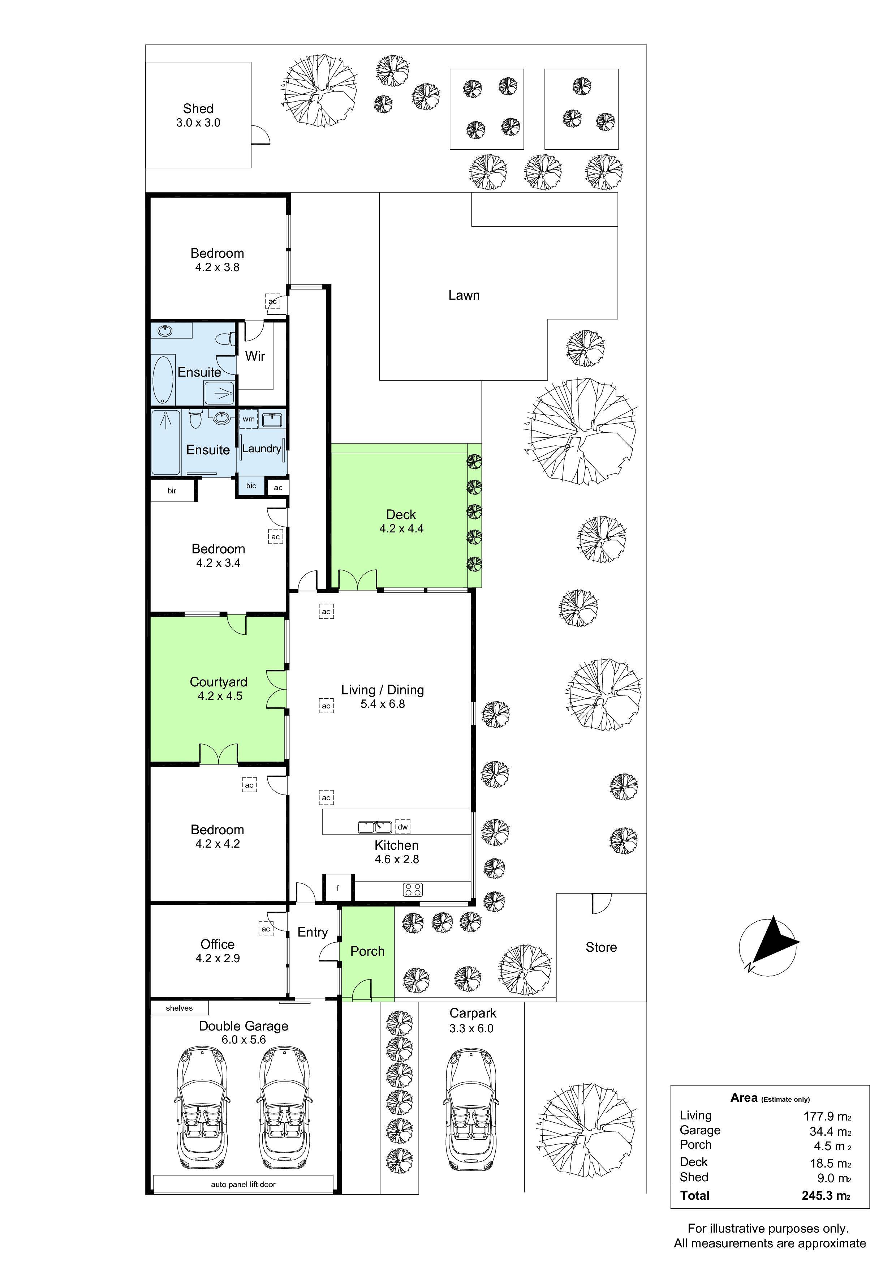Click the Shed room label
click(198, 109)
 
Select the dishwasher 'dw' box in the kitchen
click(402, 827)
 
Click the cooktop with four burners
click(413, 890)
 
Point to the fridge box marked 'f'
click(338, 888)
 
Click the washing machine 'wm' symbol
click(249, 419)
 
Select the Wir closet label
click(255, 356)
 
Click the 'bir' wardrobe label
click(172, 491)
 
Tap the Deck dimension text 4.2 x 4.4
click(401, 528)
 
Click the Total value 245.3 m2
click(826, 1196)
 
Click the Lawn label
click(464, 295)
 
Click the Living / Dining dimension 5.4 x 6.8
click(383, 704)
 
